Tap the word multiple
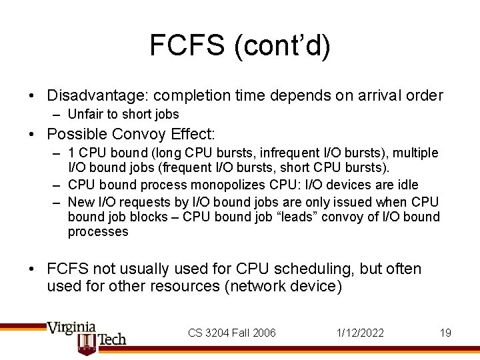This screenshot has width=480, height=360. pyautogui.click(x=417, y=153)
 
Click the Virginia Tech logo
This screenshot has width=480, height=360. pyautogui.click(x=85, y=337)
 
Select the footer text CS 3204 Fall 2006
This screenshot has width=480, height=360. pyautogui.click(x=231, y=333)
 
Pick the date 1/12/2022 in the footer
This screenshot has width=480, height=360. pyautogui.click(x=361, y=333)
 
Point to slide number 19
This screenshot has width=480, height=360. pyautogui.click(x=445, y=333)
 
